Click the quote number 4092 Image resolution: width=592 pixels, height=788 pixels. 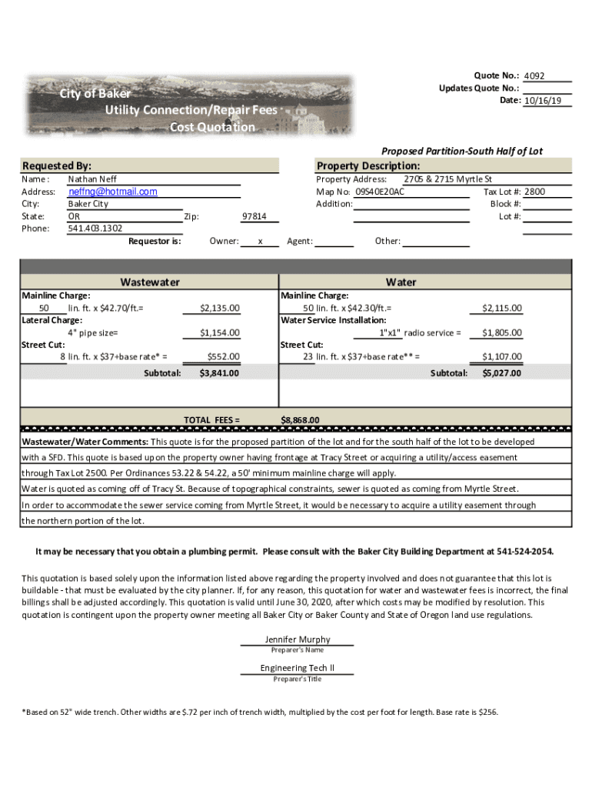534,76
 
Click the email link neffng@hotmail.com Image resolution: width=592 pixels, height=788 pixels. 112,192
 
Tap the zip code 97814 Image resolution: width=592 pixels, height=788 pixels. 254,216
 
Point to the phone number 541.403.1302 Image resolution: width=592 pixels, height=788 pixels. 95,229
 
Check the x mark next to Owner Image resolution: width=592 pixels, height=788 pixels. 261,242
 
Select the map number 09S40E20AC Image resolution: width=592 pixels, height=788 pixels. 380,192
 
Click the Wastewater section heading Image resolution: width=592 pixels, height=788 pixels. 150,282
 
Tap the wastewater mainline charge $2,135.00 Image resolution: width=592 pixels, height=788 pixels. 219,308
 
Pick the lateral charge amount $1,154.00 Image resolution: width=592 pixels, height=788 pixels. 219,332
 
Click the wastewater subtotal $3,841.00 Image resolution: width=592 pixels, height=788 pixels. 219,373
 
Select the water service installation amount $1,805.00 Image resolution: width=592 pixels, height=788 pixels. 501,332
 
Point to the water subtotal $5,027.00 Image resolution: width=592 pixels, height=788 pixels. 501,373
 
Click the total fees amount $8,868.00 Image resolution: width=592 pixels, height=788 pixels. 300,419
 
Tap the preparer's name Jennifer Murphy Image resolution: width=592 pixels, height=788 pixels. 298,639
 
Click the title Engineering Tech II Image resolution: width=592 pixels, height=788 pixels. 298,668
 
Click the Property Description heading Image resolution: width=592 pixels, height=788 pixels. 368,166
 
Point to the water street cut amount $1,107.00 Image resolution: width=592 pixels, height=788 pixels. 501,356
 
